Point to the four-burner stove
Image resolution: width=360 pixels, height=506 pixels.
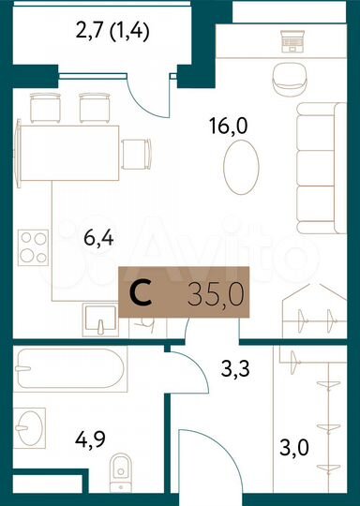35,246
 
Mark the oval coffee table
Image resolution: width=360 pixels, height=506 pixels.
240,168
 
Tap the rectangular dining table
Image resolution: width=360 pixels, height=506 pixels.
67,151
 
